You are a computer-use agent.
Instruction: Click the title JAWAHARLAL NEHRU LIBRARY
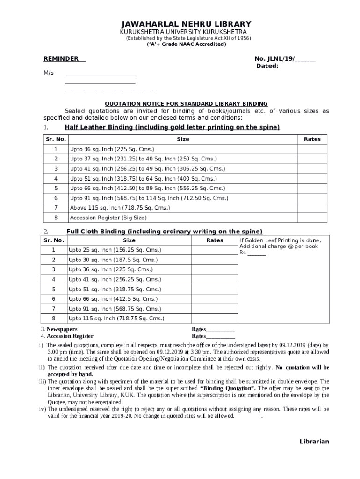tap(186, 24)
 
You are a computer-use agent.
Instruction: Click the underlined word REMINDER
tap(61, 59)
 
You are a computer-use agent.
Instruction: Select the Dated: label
tap(267, 66)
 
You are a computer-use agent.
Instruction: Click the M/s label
tap(49, 73)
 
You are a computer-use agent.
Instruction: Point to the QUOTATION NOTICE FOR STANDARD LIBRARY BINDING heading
tap(186, 103)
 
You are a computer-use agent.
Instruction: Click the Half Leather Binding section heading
tap(172, 128)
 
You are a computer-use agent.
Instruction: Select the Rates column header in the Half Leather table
tap(312, 139)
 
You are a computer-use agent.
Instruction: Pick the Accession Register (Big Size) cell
tap(108, 218)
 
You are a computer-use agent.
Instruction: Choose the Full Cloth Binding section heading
tap(164, 232)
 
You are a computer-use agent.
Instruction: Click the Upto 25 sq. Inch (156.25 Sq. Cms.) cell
tap(115, 250)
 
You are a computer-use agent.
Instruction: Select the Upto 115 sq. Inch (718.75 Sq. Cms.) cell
tap(116, 319)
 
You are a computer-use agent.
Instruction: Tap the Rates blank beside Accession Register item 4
tap(220, 336)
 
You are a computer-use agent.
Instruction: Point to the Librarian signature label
tap(314, 442)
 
